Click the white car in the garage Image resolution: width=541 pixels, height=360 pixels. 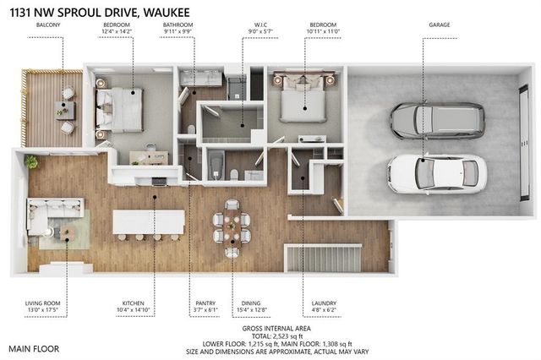(x=436, y=172)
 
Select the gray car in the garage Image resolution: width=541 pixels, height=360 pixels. (x=437, y=121)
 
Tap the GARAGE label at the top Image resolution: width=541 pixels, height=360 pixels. (x=439, y=25)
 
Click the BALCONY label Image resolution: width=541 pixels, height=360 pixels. (x=47, y=25)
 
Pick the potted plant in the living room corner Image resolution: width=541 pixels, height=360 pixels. (x=31, y=161)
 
